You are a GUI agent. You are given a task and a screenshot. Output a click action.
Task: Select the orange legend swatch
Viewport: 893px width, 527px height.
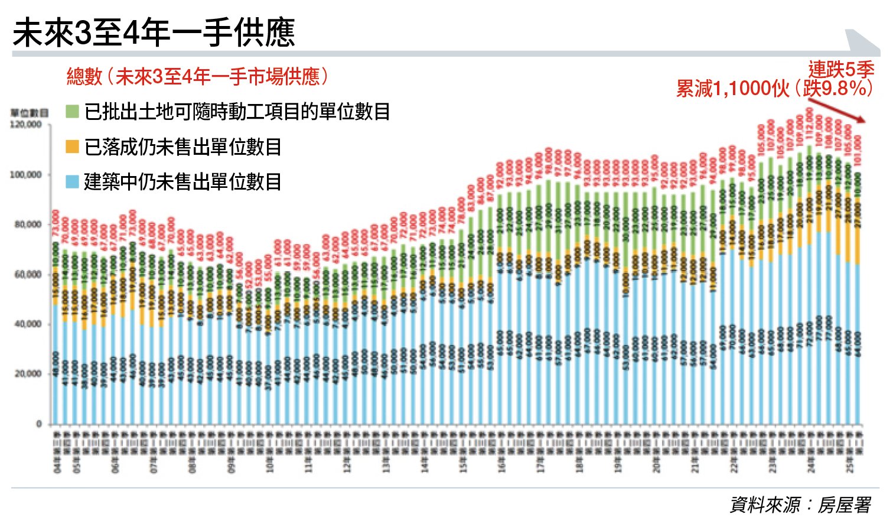coord(72,147)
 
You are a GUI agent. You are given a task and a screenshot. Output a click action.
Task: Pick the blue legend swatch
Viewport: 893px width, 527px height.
coord(72,182)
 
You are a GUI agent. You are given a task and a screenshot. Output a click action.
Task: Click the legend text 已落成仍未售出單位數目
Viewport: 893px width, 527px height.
coord(182,147)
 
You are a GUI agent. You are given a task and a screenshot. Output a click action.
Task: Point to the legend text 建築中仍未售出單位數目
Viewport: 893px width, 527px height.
coord(182,182)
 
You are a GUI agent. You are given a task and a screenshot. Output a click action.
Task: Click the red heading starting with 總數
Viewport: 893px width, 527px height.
coord(198,76)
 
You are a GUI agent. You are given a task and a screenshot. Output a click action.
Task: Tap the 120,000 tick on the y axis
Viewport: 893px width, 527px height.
coord(26,125)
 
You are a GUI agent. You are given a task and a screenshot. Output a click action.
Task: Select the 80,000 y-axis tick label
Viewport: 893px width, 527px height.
coord(26,225)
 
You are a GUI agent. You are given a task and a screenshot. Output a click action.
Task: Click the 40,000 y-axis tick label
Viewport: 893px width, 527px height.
coord(26,324)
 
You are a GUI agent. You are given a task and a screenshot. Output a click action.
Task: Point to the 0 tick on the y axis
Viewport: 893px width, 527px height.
coord(39,424)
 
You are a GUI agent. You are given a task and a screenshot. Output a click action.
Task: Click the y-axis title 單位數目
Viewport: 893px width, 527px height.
coord(29,112)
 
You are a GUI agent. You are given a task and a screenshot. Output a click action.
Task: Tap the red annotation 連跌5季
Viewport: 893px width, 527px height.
coord(840,70)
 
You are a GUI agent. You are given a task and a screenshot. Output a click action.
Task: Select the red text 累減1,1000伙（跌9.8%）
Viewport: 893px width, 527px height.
coord(774,89)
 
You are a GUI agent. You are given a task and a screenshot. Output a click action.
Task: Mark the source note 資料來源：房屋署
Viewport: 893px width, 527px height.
coord(800,505)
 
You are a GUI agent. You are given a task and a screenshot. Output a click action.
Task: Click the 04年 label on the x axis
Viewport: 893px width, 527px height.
coord(57,467)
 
